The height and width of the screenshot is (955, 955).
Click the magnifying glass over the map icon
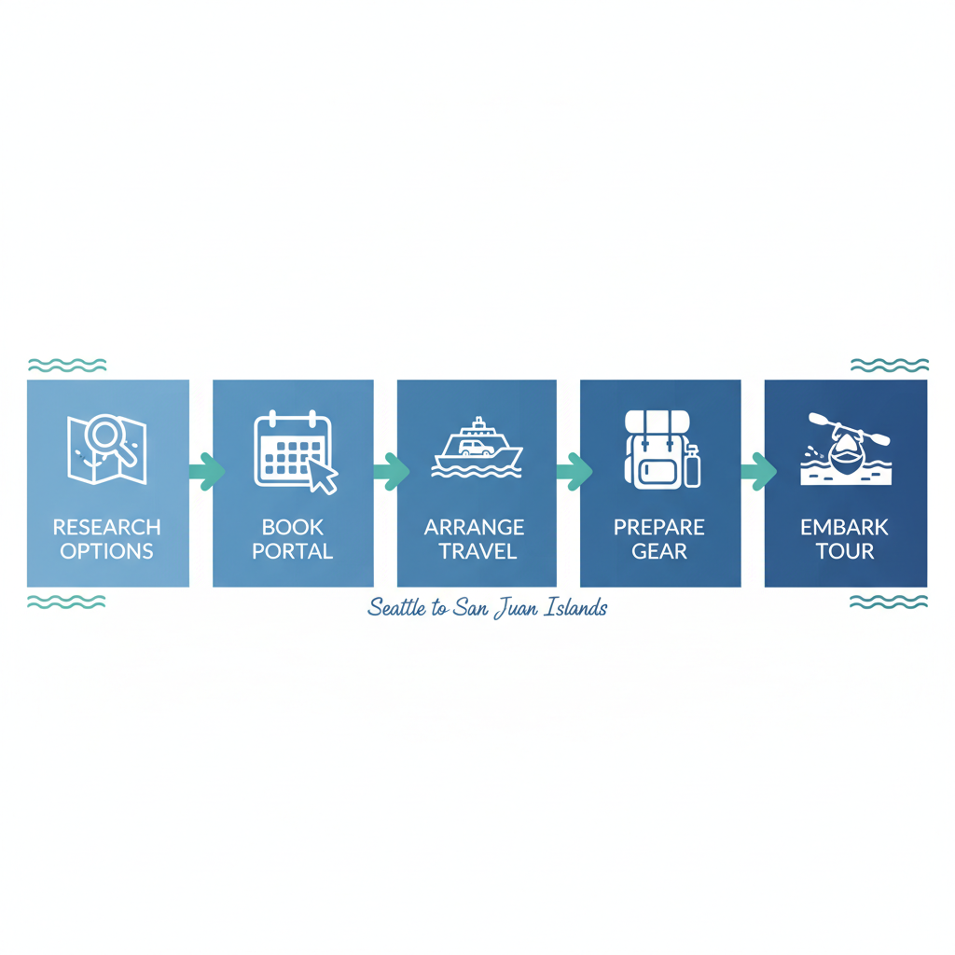coord(113,437)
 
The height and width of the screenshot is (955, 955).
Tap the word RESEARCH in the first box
coord(106,527)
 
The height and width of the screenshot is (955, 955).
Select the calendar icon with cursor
coord(293,450)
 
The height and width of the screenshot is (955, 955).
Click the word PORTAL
coord(292,551)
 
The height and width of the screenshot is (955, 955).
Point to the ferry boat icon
coord(477,448)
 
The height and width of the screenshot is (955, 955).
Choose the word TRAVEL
coord(477,551)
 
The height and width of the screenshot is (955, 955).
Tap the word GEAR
coord(659,551)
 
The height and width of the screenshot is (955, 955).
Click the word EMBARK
coord(845,527)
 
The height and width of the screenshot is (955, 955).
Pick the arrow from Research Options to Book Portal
coord(206,471)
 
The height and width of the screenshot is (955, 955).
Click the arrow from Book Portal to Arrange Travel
coord(391,471)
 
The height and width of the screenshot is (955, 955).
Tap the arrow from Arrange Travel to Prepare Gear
coord(574,471)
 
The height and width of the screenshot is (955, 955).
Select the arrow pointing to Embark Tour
coord(758,471)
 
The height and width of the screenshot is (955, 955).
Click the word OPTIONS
coord(106,551)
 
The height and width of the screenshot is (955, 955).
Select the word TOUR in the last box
coord(845,551)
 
